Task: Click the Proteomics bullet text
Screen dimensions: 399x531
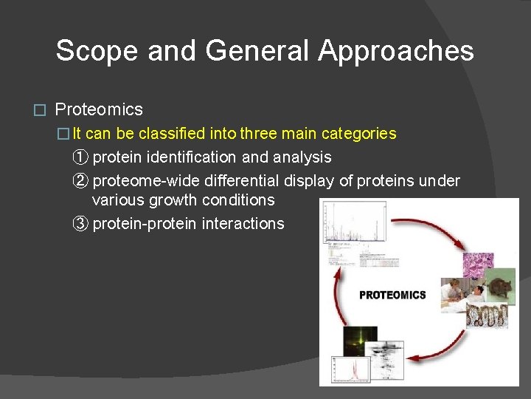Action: (x=99, y=110)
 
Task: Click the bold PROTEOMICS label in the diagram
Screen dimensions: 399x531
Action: (x=392, y=295)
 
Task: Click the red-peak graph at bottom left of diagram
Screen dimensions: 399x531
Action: (x=351, y=369)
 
